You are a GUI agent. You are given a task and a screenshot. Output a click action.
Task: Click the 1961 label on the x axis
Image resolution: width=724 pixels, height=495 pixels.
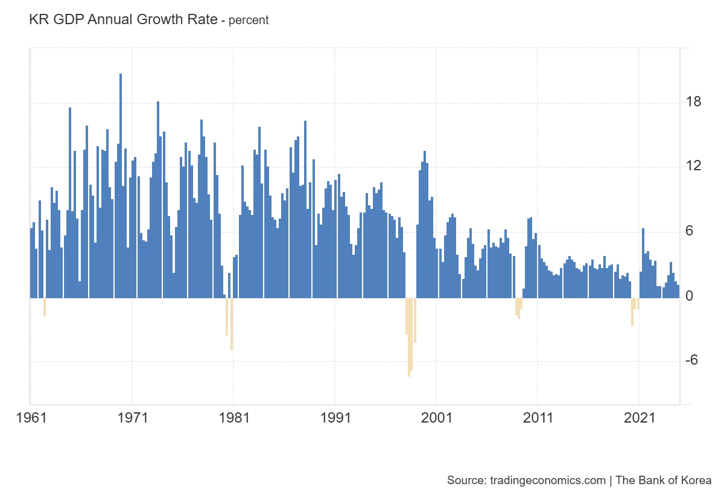pos(30,417)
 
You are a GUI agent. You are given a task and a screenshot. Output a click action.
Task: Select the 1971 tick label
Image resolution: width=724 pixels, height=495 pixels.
pos(132,417)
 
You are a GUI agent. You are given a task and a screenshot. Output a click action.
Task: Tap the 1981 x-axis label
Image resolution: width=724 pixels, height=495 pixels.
pos(233,417)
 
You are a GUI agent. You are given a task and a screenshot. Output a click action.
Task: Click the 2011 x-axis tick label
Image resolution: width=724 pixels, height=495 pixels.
pos(537,417)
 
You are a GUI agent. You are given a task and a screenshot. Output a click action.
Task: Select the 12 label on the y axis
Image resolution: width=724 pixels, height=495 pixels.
pos(694,166)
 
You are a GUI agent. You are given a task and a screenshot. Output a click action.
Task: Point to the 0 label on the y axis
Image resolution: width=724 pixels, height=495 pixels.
pos(690,296)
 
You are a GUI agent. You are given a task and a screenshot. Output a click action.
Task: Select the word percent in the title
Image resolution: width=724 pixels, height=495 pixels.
pos(249,20)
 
